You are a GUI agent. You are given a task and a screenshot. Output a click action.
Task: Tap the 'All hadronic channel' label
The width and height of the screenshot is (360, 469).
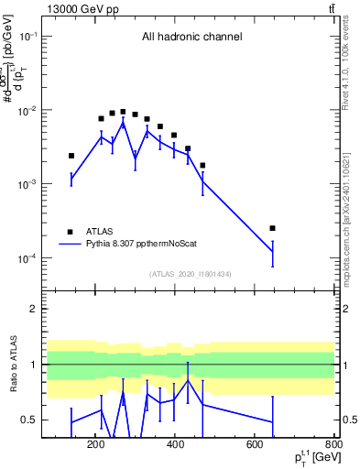[191, 38]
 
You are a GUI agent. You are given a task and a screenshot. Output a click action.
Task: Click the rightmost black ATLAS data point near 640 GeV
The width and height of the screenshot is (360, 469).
[272, 228]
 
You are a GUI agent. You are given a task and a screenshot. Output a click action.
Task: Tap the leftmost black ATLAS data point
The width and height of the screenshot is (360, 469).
[71, 156]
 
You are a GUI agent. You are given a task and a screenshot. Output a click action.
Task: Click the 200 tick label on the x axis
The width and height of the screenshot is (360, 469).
[95, 446]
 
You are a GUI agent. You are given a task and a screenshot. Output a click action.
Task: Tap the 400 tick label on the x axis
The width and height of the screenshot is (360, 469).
[175, 446]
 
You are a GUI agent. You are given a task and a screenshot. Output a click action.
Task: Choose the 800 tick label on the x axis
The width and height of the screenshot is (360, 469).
[333, 446]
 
